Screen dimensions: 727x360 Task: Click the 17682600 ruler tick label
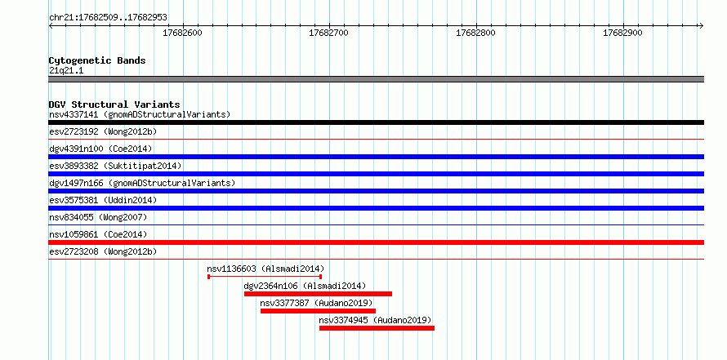(183, 33)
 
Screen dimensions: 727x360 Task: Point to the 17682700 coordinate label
(328, 33)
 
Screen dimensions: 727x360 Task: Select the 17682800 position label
(475, 33)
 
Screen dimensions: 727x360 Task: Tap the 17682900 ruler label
(622, 33)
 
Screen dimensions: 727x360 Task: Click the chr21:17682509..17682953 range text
(108, 18)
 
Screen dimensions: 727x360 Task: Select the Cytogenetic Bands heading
(97, 60)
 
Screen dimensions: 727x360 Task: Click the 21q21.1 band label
(66, 71)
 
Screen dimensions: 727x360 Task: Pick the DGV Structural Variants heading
(114, 104)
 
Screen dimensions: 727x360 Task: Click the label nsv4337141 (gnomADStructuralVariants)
(140, 114)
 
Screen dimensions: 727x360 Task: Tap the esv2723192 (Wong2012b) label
(103, 131)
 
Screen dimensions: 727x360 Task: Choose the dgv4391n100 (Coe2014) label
(100, 149)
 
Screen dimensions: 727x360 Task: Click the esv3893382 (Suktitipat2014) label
(115, 166)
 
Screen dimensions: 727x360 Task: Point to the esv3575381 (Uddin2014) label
(103, 200)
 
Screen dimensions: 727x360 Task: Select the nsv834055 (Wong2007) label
(98, 217)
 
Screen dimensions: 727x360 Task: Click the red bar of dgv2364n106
(318, 294)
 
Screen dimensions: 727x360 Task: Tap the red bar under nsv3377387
(318, 311)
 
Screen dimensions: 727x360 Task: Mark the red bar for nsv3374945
(377, 328)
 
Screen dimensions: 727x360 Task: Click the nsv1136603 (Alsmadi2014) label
(265, 269)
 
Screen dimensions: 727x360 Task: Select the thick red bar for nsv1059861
(376, 242)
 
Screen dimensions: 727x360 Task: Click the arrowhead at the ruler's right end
(702, 26)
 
